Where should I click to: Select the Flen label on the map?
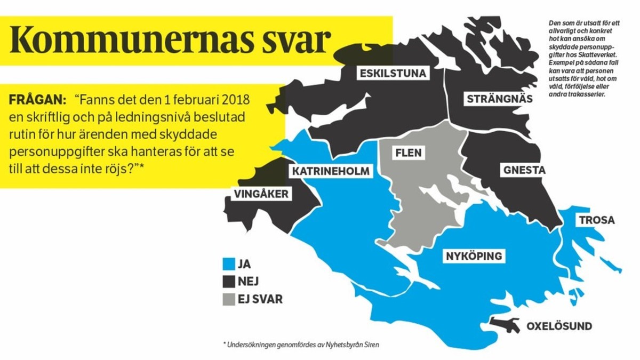point(408,153)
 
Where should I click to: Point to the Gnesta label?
point(524,170)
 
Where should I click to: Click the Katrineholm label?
point(330,171)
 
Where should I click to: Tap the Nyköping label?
point(473,256)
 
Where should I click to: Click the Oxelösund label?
point(559,326)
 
